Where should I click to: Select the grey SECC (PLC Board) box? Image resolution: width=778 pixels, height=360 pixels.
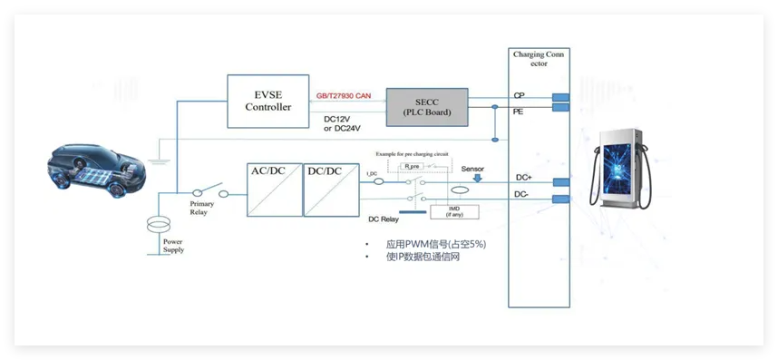point(427,107)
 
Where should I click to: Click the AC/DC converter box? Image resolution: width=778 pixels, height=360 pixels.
point(275,189)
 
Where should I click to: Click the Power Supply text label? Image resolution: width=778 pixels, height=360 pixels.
point(172,246)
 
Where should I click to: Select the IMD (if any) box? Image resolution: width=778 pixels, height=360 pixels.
point(454,210)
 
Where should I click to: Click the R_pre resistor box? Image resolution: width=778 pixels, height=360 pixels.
point(412,167)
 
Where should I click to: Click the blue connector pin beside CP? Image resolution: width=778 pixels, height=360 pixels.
point(560,96)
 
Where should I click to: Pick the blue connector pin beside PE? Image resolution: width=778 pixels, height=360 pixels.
point(560,109)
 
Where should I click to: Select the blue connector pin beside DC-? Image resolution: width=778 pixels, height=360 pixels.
point(560,199)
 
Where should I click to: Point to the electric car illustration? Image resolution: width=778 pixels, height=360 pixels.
point(99,172)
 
